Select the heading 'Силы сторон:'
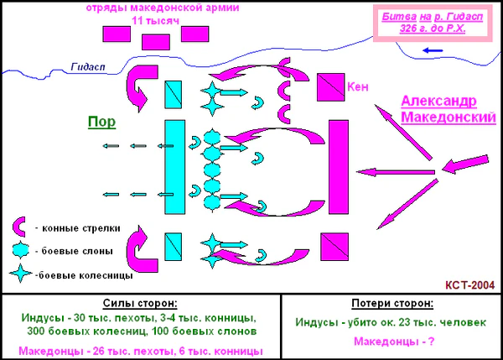140,302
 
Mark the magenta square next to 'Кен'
329,86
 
